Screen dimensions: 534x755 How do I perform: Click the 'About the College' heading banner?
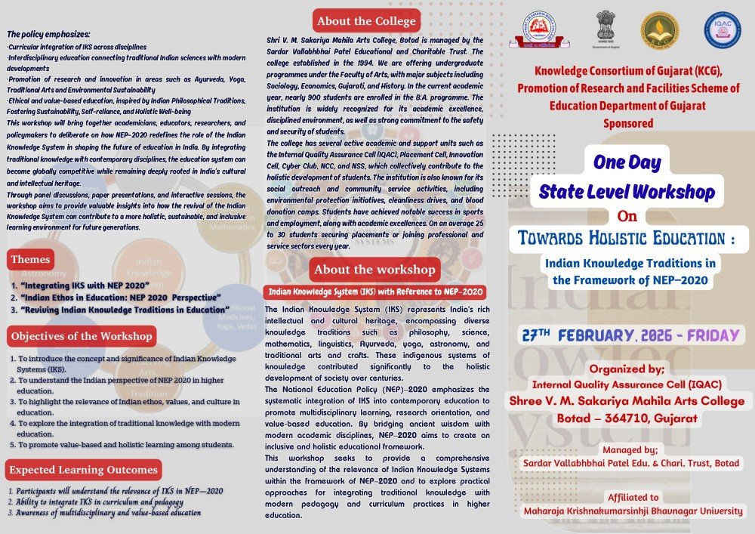[366, 21]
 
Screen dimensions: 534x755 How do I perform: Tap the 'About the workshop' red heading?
[374, 270]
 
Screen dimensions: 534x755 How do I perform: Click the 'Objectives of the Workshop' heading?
[82, 336]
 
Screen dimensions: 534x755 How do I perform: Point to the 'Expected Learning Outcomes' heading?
[84, 470]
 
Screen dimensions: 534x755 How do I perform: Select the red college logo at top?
[549, 30]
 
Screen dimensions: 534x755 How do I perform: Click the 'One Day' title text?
[627, 162]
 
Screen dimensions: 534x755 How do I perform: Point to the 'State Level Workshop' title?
[627, 192]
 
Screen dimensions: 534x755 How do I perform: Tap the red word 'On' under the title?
[627, 216]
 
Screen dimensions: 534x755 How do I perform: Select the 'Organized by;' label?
[627, 369]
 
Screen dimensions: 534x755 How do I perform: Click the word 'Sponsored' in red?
[627, 122]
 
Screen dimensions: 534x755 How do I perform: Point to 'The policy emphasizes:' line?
[48, 34]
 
